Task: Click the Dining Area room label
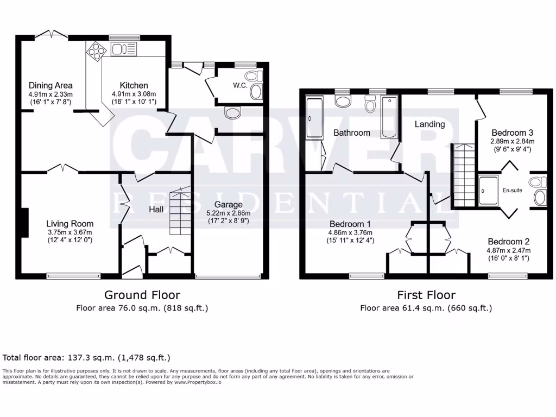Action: coord(50,85)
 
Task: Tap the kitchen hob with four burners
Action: coord(96,52)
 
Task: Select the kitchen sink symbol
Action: coord(124,49)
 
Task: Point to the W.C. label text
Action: coord(240,85)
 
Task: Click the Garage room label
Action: coord(229,205)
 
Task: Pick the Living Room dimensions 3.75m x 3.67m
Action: coord(70,232)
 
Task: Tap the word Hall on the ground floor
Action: coord(156,210)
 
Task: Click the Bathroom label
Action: coord(352,133)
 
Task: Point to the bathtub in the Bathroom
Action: coord(389,117)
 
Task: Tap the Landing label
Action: coord(430,124)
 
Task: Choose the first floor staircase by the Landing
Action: coord(464,175)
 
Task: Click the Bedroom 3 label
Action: coord(513,133)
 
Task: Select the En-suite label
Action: coord(513,191)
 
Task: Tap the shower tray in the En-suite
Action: coord(488,191)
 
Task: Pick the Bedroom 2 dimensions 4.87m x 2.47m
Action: coord(508,250)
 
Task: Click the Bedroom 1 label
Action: coord(350,224)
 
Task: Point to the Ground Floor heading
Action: coord(142,295)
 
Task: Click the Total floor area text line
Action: coord(86,358)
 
